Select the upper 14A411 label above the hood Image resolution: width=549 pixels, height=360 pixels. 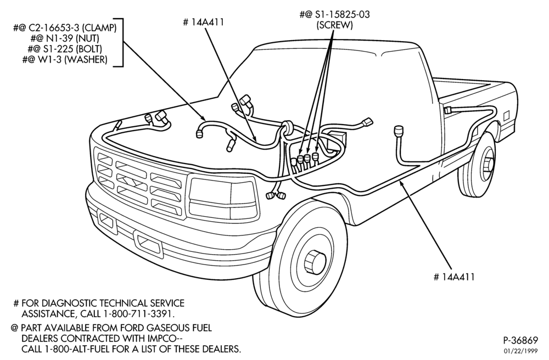203,22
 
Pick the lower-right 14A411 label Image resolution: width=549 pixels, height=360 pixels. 454,277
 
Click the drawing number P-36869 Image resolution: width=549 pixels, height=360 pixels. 520,340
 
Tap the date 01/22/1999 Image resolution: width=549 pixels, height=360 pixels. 521,351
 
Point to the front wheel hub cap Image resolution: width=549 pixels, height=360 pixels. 313,261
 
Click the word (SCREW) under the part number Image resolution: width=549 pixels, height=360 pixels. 334,25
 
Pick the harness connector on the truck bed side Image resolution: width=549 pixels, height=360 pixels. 448,110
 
